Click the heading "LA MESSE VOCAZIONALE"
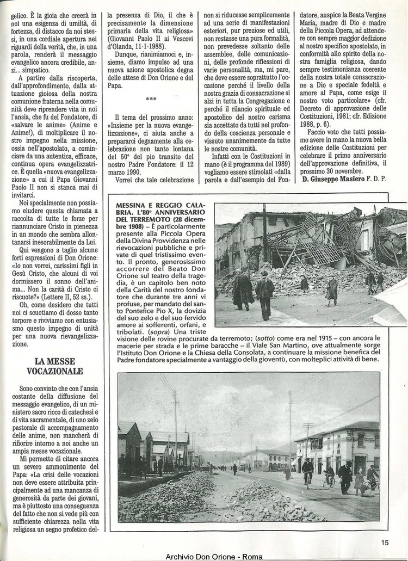tap(54, 366)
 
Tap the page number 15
tap(385, 542)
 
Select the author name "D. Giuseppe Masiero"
tap(333, 179)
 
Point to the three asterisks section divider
tap(151, 99)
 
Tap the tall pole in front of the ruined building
tap(265, 234)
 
